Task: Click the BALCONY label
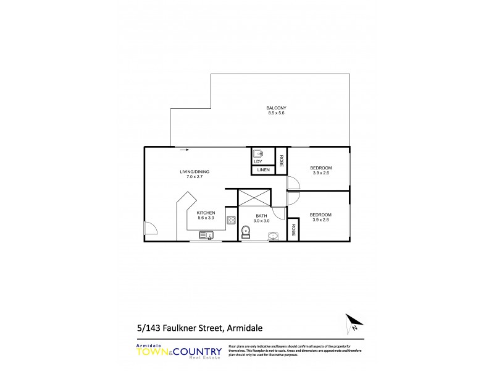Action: [277, 108]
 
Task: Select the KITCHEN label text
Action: [206, 213]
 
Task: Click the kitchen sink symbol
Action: [206, 235]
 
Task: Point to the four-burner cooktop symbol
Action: [231, 220]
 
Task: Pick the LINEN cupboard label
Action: [262, 170]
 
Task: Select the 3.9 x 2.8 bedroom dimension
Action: [321, 220]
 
